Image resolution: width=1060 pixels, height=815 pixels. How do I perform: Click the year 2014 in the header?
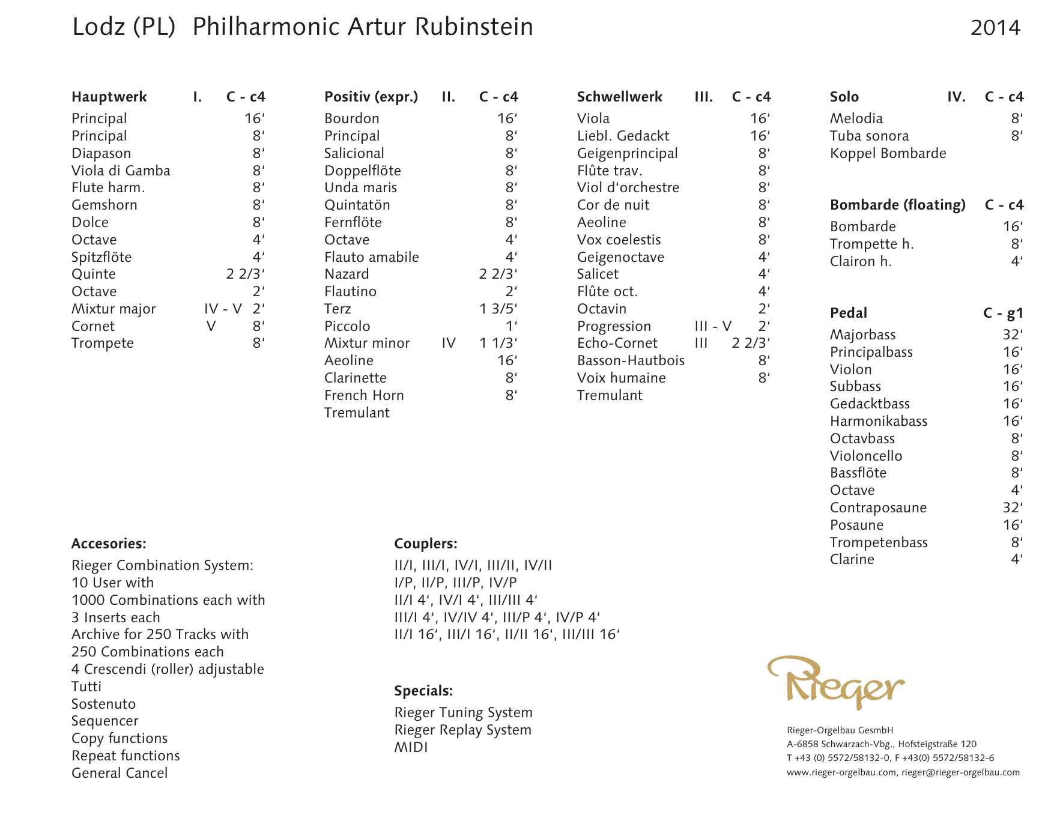[995, 28]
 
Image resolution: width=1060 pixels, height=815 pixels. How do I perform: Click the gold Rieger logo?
[836, 682]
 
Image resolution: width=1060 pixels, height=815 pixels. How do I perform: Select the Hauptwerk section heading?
[109, 97]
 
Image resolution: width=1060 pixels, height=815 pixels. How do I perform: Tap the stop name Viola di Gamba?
[121, 171]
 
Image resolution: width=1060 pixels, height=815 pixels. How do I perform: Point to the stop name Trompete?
[103, 343]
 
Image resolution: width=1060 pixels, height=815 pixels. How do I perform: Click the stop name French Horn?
[364, 395]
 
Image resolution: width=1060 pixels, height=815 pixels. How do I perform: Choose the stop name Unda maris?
[360, 187]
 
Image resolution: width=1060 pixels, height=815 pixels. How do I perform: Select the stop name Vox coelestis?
[619, 240]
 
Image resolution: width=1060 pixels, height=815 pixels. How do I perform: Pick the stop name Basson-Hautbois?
[631, 360]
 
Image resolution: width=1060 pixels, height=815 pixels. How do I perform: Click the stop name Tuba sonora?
[869, 136]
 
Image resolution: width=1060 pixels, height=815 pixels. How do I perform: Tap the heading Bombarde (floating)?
[897, 205]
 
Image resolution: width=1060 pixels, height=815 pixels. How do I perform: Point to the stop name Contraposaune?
[878, 507]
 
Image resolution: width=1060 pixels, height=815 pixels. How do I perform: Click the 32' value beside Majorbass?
[1012, 335]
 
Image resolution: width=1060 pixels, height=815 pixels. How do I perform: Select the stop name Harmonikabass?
[879, 421]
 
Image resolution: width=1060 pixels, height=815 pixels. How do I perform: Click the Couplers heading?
[426, 544]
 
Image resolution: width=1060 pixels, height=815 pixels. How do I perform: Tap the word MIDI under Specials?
[411, 747]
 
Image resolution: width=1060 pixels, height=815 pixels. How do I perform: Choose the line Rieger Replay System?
[462, 730]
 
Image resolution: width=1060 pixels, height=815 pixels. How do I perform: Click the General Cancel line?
[120, 773]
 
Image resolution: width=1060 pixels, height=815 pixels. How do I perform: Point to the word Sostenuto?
[103, 704]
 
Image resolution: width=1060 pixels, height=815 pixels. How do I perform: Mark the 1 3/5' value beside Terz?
[498, 309]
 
